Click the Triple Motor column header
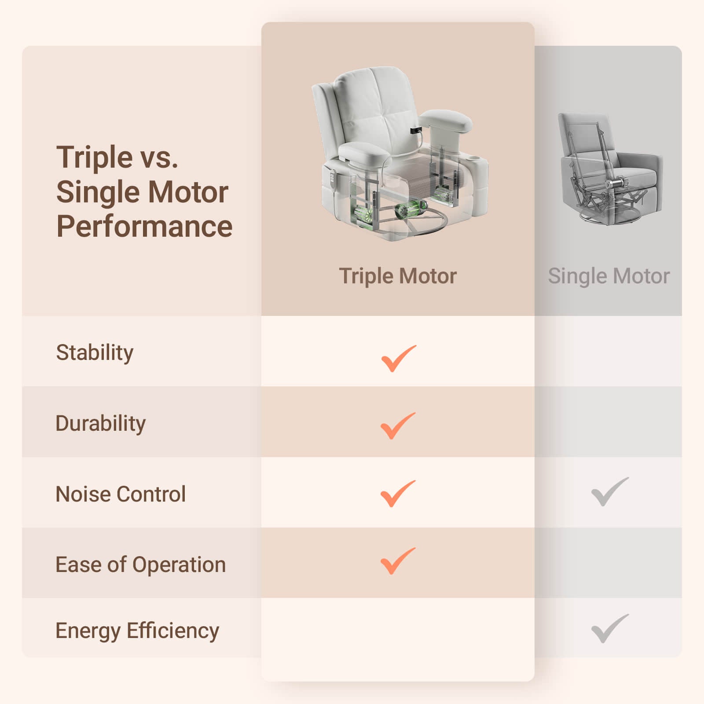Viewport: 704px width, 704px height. click(398, 276)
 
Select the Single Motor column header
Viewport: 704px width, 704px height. click(609, 276)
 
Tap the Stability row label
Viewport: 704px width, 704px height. click(95, 353)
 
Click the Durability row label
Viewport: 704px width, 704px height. click(100, 424)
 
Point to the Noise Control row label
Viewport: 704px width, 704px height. click(121, 494)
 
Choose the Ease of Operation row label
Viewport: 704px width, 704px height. click(140, 565)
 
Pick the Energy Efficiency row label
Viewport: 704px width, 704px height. click(137, 631)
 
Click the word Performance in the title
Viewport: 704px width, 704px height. click(144, 226)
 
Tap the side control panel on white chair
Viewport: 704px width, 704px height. click(330, 178)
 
